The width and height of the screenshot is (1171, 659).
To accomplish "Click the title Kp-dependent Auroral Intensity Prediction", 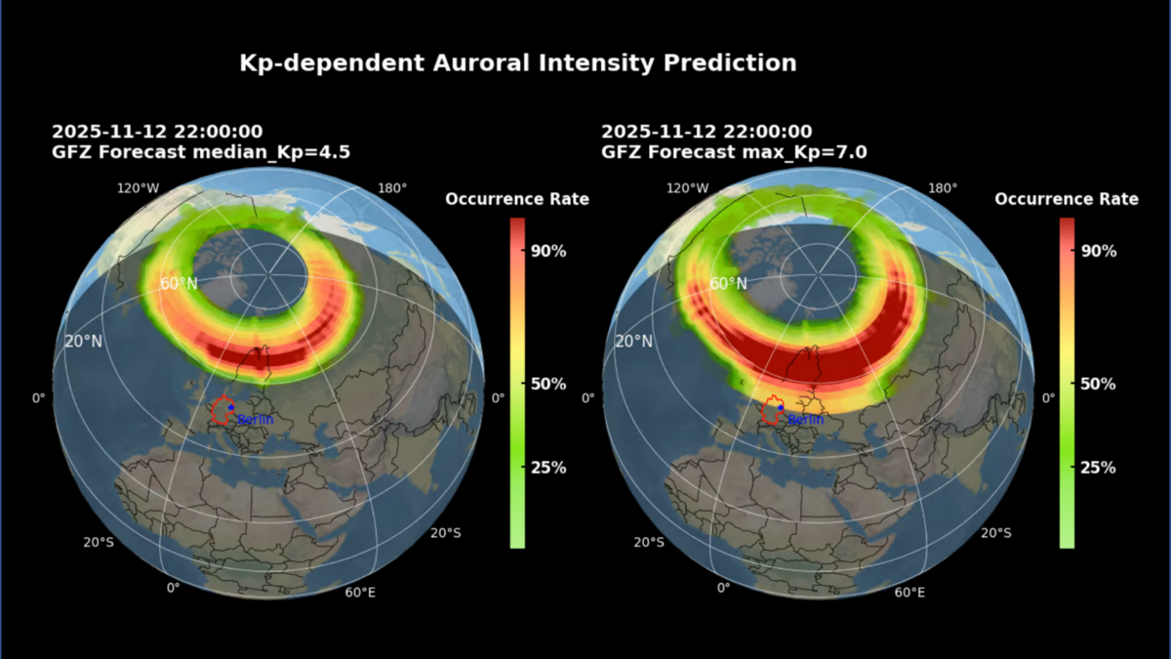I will [x=518, y=63].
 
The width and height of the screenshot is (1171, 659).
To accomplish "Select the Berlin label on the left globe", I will [x=255, y=420].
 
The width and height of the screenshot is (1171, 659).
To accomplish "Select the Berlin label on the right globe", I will [x=805, y=420].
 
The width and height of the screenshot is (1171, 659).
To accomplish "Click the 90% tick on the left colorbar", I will [x=547, y=251].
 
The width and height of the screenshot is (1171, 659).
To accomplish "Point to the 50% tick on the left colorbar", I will [x=547, y=384].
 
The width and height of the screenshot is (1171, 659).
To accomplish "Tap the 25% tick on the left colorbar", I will [x=547, y=468].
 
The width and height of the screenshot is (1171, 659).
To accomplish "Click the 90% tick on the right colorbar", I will [x=1098, y=251].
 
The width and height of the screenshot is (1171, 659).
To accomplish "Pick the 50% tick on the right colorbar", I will [x=1098, y=384].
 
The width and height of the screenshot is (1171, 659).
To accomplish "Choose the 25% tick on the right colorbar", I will [x=1098, y=468].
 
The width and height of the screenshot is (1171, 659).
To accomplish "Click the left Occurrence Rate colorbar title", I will [x=517, y=199].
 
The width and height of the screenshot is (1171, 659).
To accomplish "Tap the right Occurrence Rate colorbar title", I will [x=1067, y=199].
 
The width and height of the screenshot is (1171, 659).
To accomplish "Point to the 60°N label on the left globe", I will [x=180, y=284].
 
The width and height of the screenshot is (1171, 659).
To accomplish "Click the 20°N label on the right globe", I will [x=633, y=342].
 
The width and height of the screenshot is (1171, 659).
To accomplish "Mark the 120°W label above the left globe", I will [x=138, y=188].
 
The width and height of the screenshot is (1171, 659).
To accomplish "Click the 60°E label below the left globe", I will [x=360, y=593].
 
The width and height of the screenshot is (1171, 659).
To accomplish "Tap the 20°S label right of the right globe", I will [x=994, y=533].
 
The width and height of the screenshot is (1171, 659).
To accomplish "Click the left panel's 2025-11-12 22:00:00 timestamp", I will [x=157, y=132].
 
